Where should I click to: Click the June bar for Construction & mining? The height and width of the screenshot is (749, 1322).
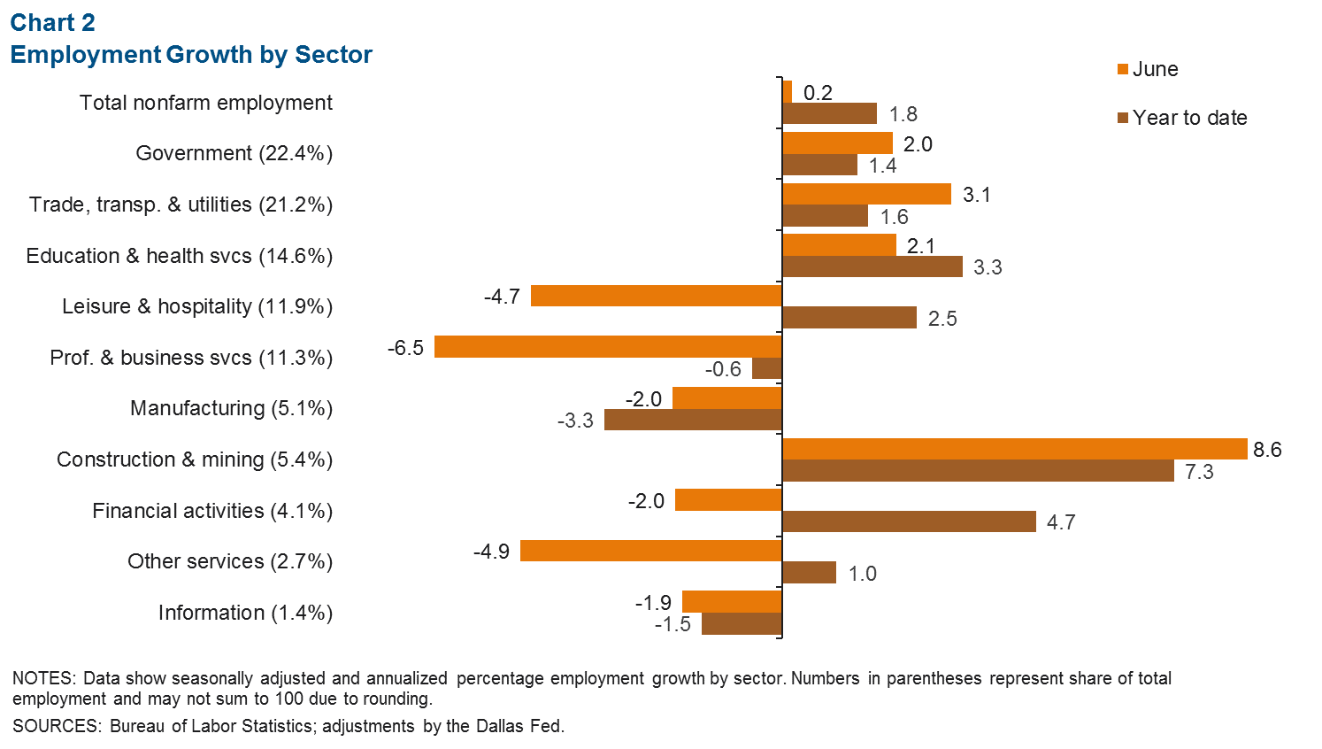1014,449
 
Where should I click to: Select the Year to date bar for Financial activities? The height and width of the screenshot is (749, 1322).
909,521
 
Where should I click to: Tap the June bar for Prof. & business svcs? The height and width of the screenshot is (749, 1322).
608,347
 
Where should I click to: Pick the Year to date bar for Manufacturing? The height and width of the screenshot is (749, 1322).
693,420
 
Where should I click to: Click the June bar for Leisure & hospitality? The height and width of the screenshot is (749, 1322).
656,296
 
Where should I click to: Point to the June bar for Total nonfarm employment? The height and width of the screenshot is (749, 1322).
788,91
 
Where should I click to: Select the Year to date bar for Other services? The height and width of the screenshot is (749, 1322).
809,573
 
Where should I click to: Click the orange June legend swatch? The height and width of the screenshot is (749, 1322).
1123,69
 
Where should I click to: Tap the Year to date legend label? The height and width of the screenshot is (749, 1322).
1189,118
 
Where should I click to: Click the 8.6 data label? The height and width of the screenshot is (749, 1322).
1267,450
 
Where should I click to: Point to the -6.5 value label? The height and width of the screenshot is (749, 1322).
405,348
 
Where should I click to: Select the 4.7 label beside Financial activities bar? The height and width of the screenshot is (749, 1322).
1060,522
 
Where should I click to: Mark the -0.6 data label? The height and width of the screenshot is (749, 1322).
723,369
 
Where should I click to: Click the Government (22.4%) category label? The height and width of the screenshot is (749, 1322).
234,153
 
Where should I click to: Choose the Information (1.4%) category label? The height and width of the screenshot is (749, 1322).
245,613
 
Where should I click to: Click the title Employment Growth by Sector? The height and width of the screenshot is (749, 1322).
191,55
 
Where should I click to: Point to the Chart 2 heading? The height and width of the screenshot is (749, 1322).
52,23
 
